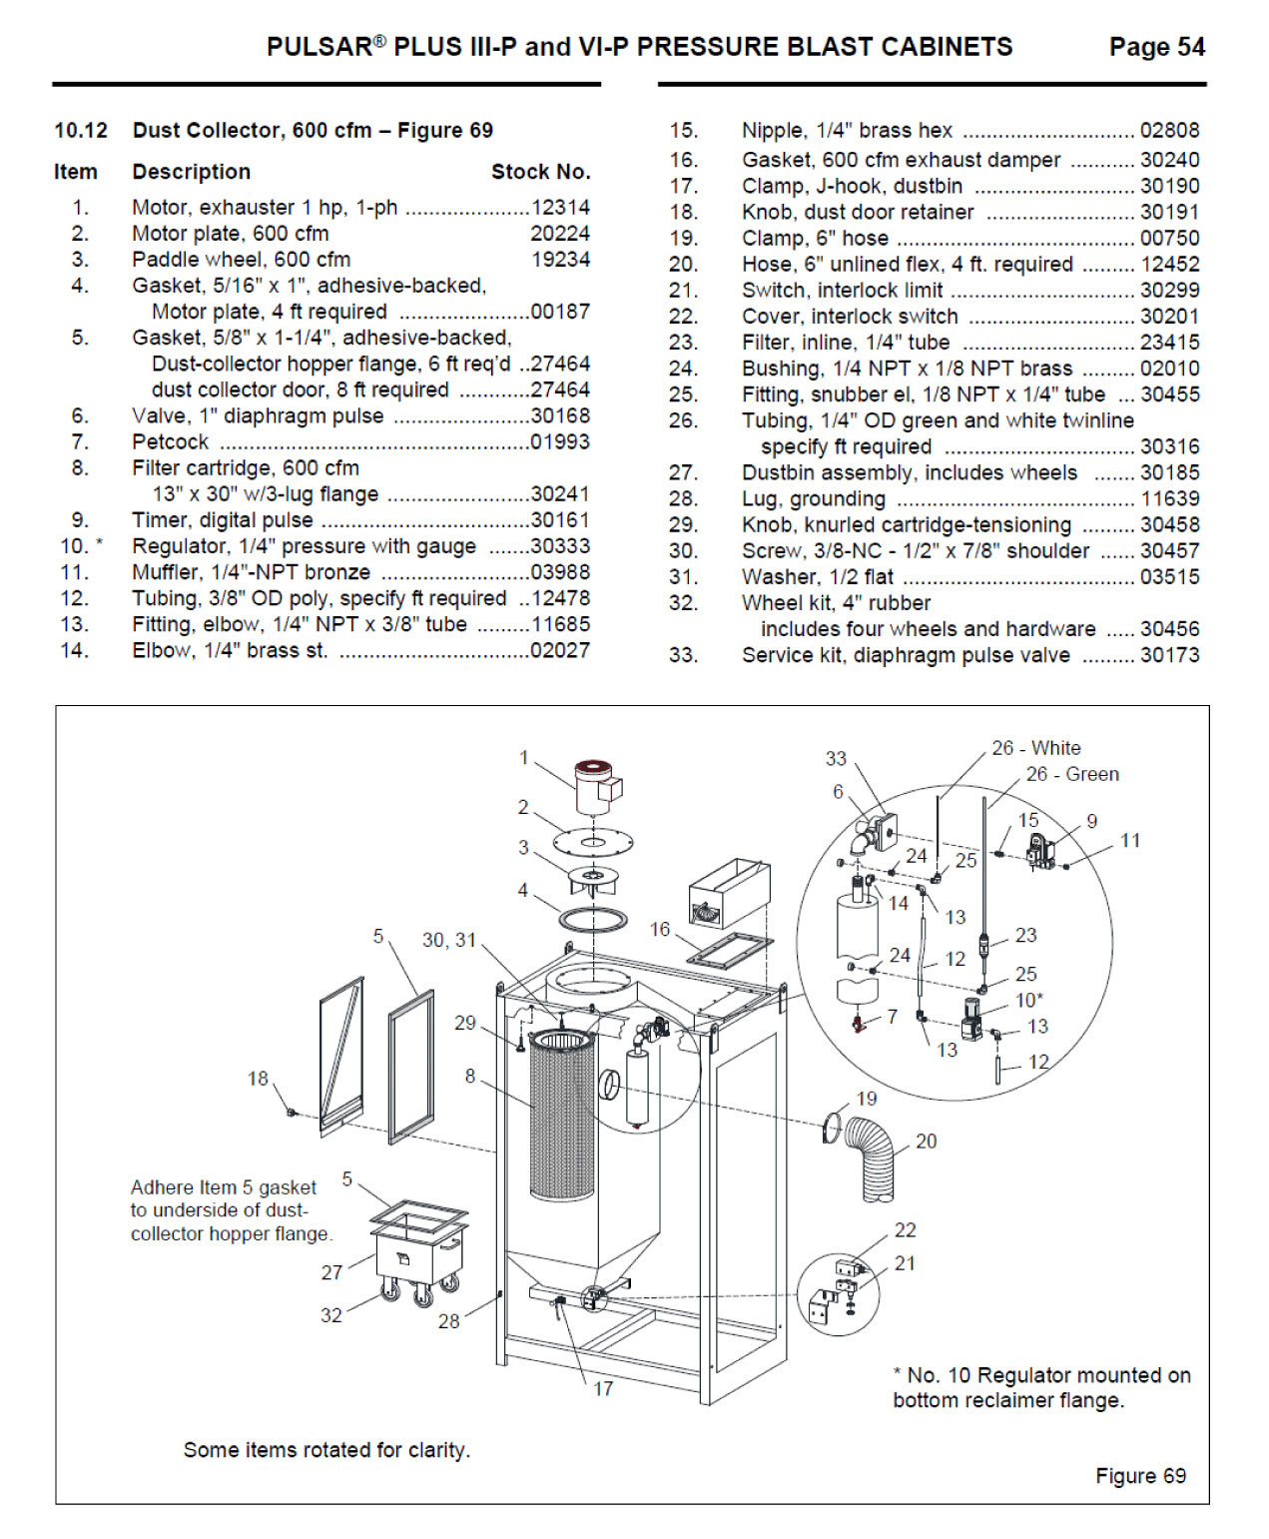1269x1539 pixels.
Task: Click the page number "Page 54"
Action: (x=1156, y=47)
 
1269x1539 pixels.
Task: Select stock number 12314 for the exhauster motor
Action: (x=560, y=208)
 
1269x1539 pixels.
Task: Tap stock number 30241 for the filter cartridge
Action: (x=560, y=494)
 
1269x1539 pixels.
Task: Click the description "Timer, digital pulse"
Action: (x=223, y=520)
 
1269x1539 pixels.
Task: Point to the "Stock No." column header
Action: (x=540, y=172)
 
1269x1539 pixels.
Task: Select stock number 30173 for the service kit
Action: (x=1169, y=655)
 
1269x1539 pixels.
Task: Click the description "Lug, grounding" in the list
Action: (x=813, y=498)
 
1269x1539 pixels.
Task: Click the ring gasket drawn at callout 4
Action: (x=593, y=918)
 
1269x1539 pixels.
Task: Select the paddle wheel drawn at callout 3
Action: (x=593, y=879)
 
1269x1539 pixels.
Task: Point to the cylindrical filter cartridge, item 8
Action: (x=561, y=1114)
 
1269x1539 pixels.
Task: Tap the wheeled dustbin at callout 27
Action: (x=417, y=1250)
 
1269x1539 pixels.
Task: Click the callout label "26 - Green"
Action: (x=1071, y=774)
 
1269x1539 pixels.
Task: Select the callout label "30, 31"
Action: (x=448, y=940)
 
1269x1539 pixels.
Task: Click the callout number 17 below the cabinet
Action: (x=602, y=1388)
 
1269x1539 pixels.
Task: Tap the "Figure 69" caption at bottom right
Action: (x=1140, y=1476)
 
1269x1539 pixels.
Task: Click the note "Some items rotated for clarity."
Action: (x=326, y=1449)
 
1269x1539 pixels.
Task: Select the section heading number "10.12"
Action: (x=81, y=131)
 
